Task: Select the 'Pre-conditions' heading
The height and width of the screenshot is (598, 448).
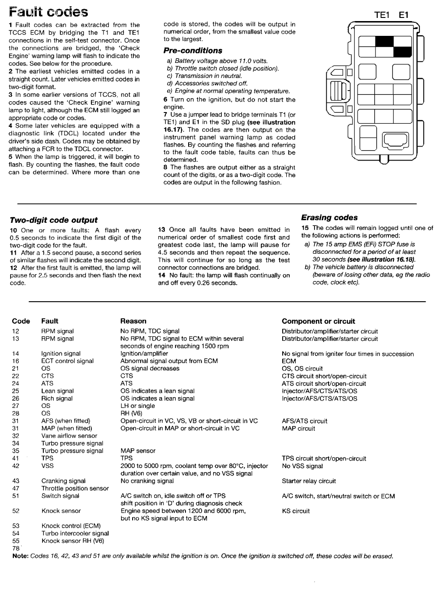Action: pos(193,51)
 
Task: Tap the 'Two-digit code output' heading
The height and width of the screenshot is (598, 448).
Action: pos(54,220)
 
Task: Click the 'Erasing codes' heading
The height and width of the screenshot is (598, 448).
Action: pos(329,217)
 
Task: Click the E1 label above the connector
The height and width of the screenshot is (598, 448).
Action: pos(404,15)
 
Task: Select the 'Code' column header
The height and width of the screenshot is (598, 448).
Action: pos(21,321)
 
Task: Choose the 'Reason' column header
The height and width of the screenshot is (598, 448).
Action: pos(134,321)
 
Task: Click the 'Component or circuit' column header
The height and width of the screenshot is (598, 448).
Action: pos(318,321)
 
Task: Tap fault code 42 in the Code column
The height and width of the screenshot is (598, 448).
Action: pos(16,466)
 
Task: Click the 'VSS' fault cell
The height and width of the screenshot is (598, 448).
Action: pos(47,466)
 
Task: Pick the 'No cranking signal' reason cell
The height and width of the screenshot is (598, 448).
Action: pos(147,481)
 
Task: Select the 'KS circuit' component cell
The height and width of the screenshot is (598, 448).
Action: pos(296,511)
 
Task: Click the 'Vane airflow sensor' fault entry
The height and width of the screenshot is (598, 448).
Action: pos(69,436)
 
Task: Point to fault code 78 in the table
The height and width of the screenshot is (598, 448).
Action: pos(16,548)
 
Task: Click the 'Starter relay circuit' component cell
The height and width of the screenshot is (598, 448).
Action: pos(309,481)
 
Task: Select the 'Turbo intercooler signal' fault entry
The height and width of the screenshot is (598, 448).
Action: pos(75,533)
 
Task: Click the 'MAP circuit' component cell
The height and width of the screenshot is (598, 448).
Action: pos(298,429)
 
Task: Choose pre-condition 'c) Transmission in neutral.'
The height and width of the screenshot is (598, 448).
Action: pos(204,76)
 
